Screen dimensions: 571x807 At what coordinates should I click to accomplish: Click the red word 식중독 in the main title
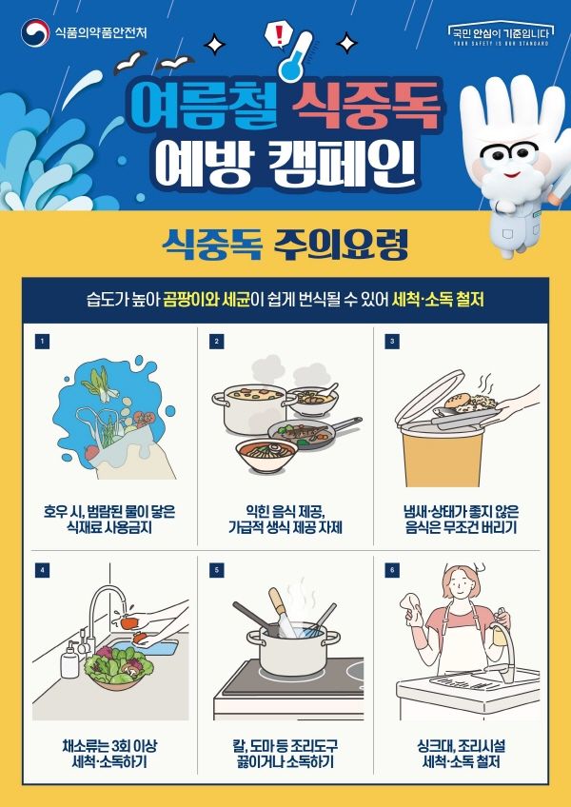(x=366, y=106)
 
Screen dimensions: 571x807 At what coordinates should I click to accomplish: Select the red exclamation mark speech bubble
(x=279, y=37)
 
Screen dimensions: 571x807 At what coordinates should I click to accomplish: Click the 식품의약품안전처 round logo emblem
(x=35, y=33)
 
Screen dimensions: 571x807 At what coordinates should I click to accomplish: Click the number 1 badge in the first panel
(x=42, y=342)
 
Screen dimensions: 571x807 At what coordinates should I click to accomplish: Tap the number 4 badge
(x=42, y=570)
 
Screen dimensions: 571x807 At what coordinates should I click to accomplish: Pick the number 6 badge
(x=392, y=570)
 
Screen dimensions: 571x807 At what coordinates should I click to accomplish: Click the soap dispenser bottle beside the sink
(x=69, y=659)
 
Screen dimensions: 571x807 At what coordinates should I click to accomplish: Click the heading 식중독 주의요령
(x=285, y=245)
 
